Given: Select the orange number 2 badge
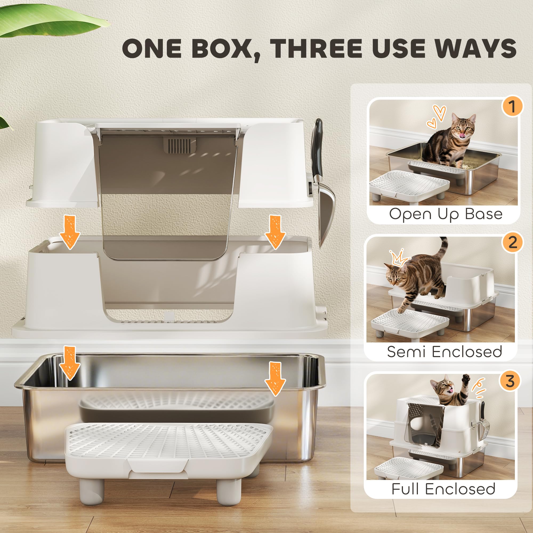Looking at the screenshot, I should click(x=512, y=243).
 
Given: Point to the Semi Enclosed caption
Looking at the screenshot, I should click(x=444, y=352).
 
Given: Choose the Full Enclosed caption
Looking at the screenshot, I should click(x=443, y=489).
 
